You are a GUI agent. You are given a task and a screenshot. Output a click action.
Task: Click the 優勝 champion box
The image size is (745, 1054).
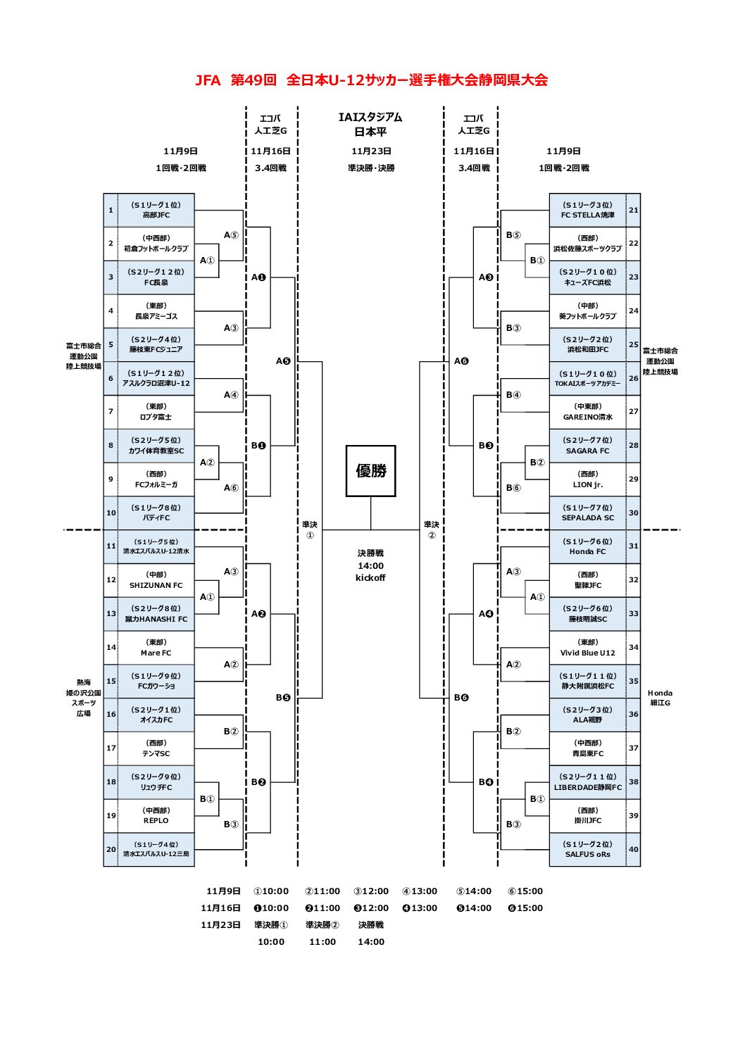coord(370,471)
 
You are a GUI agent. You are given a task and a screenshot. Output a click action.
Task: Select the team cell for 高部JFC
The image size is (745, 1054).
coord(156,210)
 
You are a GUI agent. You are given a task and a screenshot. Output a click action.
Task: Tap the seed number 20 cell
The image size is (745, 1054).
coord(111,849)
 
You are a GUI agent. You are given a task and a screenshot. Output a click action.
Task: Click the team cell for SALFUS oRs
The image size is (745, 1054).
coord(587,849)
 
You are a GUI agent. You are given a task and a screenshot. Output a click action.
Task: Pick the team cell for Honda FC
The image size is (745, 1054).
coord(587,546)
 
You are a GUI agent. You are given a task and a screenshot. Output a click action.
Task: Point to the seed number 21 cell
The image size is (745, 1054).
coord(633,210)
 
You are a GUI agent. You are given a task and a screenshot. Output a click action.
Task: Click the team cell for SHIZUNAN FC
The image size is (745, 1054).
coord(156,580)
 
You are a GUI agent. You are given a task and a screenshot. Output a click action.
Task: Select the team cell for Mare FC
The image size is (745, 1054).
coord(156,648)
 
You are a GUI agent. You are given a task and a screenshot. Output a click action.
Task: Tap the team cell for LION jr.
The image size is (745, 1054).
coord(587,479)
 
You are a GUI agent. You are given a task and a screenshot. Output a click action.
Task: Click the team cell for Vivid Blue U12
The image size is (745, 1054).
coord(587,648)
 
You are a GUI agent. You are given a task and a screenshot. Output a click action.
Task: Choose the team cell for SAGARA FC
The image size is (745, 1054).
coord(587,446)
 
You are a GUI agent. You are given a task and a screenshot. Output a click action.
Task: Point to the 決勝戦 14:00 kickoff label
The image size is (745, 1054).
coord(370,565)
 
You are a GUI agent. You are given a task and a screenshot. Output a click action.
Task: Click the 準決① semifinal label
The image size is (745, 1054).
coord(310,529)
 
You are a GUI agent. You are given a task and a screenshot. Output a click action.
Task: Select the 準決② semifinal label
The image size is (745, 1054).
coord(432,529)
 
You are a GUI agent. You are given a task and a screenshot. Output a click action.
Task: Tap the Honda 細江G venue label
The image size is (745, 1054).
coord(660,698)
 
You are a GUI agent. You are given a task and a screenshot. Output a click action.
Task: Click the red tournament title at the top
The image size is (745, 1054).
coord(371,80)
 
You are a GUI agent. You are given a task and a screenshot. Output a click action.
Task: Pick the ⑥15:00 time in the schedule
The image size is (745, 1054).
coord(525,891)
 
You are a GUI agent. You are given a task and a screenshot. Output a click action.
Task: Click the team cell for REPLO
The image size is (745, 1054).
coord(156,815)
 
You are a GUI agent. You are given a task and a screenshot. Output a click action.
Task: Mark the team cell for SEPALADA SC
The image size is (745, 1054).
coord(587,513)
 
